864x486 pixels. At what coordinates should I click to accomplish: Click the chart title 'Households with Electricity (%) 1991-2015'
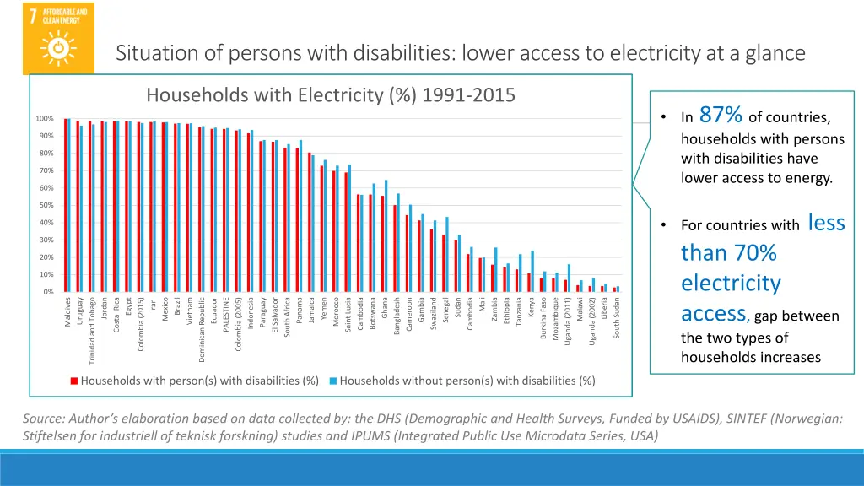click(x=331, y=94)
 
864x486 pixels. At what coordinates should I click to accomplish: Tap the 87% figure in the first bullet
click(x=721, y=115)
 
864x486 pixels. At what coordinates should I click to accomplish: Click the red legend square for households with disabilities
click(x=74, y=381)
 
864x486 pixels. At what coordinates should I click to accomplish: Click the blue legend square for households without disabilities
click(x=333, y=381)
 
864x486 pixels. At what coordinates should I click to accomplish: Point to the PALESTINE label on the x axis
click(x=226, y=315)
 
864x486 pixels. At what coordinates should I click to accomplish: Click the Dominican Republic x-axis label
click(x=202, y=329)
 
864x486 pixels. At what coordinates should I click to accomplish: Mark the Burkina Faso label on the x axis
click(x=543, y=318)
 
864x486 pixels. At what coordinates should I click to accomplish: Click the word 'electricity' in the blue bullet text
click(x=731, y=283)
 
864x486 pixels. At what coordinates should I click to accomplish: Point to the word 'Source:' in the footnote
click(x=45, y=418)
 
